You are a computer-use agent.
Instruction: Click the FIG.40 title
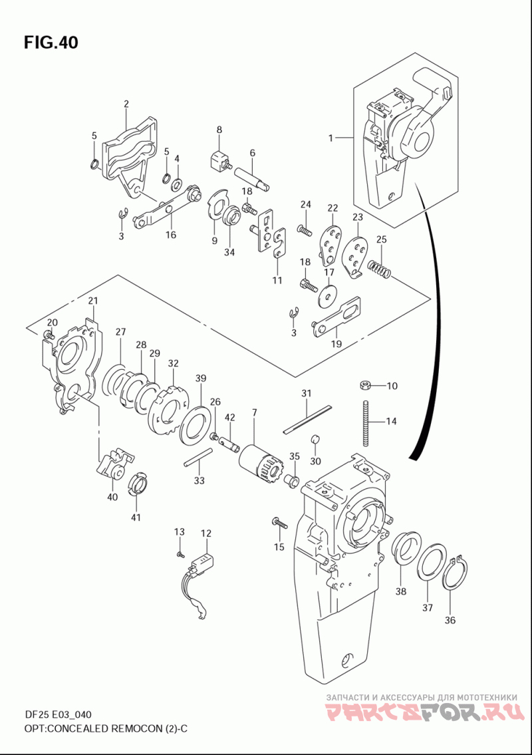pyautogui.click(x=51, y=43)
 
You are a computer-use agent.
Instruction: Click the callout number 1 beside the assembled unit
pyautogui.click(x=331, y=138)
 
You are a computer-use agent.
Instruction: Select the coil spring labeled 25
pyautogui.click(x=380, y=268)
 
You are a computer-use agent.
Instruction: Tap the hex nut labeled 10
pyautogui.click(x=364, y=384)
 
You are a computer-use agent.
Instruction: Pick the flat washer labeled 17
pyautogui.click(x=328, y=295)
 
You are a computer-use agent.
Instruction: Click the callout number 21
pyautogui.click(x=93, y=301)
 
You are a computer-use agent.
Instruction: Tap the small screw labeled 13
pyautogui.click(x=179, y=555)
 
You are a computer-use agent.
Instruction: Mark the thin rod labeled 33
pyautogui.click(x=198, y=457)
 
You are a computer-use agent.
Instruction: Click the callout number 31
pyautogui.click(x=307, y=393)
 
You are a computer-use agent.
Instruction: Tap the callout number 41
pyautogui.click(x=136, y=518)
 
